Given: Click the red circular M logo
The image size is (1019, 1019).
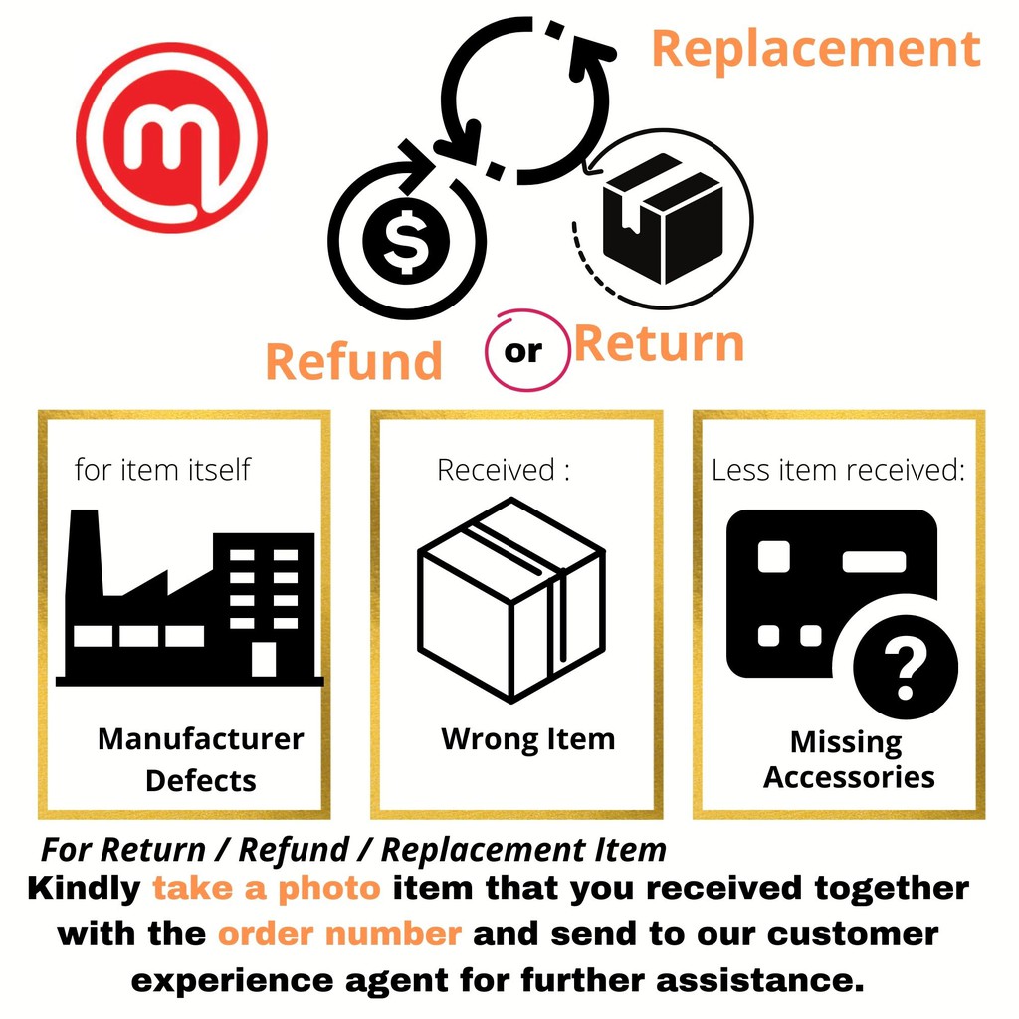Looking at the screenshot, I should click(171, 137).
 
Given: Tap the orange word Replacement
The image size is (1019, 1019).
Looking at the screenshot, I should click(816, 48).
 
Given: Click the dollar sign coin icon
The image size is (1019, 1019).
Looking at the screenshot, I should click(405, 243).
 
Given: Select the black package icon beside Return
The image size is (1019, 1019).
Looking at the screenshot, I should click(663, 218).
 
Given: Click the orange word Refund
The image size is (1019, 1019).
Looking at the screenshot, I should click(353, 360).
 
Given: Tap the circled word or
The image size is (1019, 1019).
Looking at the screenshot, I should click(524, 352).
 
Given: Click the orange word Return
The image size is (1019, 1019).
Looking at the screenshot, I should click(659, 344).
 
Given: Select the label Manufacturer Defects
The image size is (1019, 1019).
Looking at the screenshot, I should click(200, 759).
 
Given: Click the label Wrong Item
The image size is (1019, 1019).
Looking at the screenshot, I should click(527, 739).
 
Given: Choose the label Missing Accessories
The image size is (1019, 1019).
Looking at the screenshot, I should click(848, 759).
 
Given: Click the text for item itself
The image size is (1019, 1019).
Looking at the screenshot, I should click(162, 469).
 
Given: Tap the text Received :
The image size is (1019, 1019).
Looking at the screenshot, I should click(504, 469).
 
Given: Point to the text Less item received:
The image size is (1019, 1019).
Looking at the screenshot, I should click(838, 470).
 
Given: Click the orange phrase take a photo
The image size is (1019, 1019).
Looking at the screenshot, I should click(267, 888).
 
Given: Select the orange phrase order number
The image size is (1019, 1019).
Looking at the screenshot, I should click(339, 934).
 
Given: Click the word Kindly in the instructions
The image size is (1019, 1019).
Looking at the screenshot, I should click(85, 888).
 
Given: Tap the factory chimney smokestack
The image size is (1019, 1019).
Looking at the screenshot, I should click(84, 547).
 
